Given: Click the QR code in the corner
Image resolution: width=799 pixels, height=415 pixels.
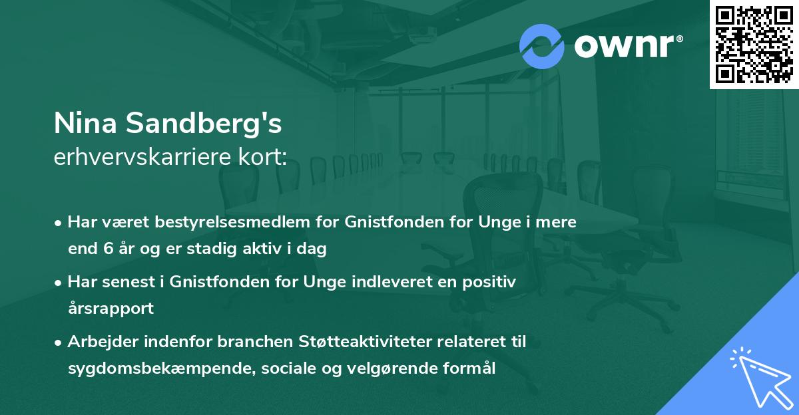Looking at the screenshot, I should click(x=754, y=44).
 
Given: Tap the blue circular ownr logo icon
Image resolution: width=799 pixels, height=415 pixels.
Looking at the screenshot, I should click(x=542, y=46).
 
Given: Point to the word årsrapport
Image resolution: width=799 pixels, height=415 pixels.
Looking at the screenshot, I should click(x=111, y=309).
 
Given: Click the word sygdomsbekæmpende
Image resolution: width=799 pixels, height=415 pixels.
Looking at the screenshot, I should click(x=144, y=368).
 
